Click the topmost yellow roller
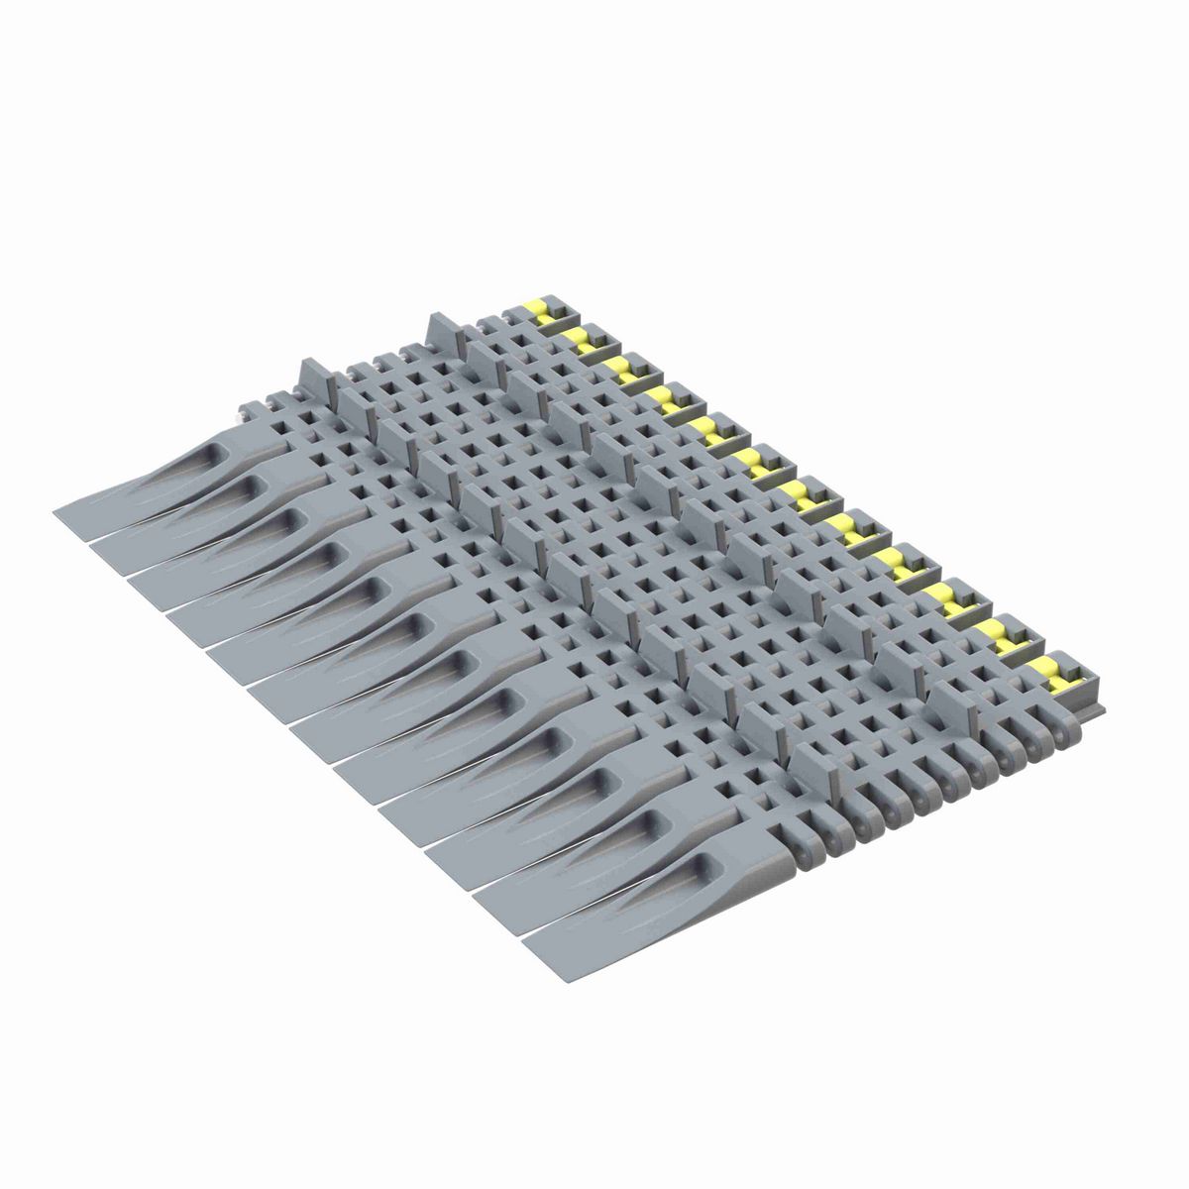tap(541, 310)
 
